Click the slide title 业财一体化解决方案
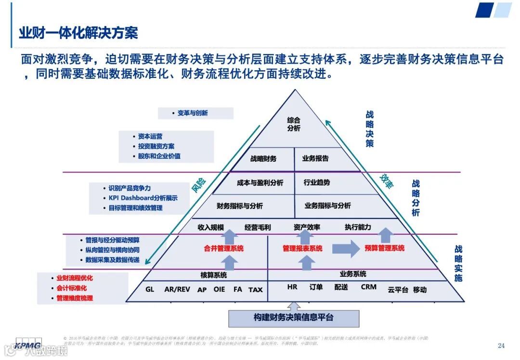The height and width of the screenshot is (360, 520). (78, 33)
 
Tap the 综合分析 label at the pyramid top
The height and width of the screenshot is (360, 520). (294, 124)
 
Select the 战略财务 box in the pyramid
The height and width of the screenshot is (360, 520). (263, 158)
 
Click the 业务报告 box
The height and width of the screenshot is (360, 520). (315, 158)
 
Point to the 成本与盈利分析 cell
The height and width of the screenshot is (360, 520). (260, 183)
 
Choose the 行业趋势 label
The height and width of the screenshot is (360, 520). (317, 183)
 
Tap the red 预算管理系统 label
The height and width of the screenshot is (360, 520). (384, 248)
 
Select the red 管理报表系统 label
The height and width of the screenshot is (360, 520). (302, 249)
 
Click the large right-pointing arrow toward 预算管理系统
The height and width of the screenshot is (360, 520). (346, 248)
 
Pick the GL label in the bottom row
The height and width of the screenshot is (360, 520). (150, 289)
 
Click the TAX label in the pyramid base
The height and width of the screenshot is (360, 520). (256, 290)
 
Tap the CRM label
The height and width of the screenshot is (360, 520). (368, 287)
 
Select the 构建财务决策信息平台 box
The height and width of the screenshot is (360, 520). (294, 318)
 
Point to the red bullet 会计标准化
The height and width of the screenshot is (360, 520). (71, 288)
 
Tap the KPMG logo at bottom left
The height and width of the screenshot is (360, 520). (27, 345)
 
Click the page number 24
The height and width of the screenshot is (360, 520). (501, 346)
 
